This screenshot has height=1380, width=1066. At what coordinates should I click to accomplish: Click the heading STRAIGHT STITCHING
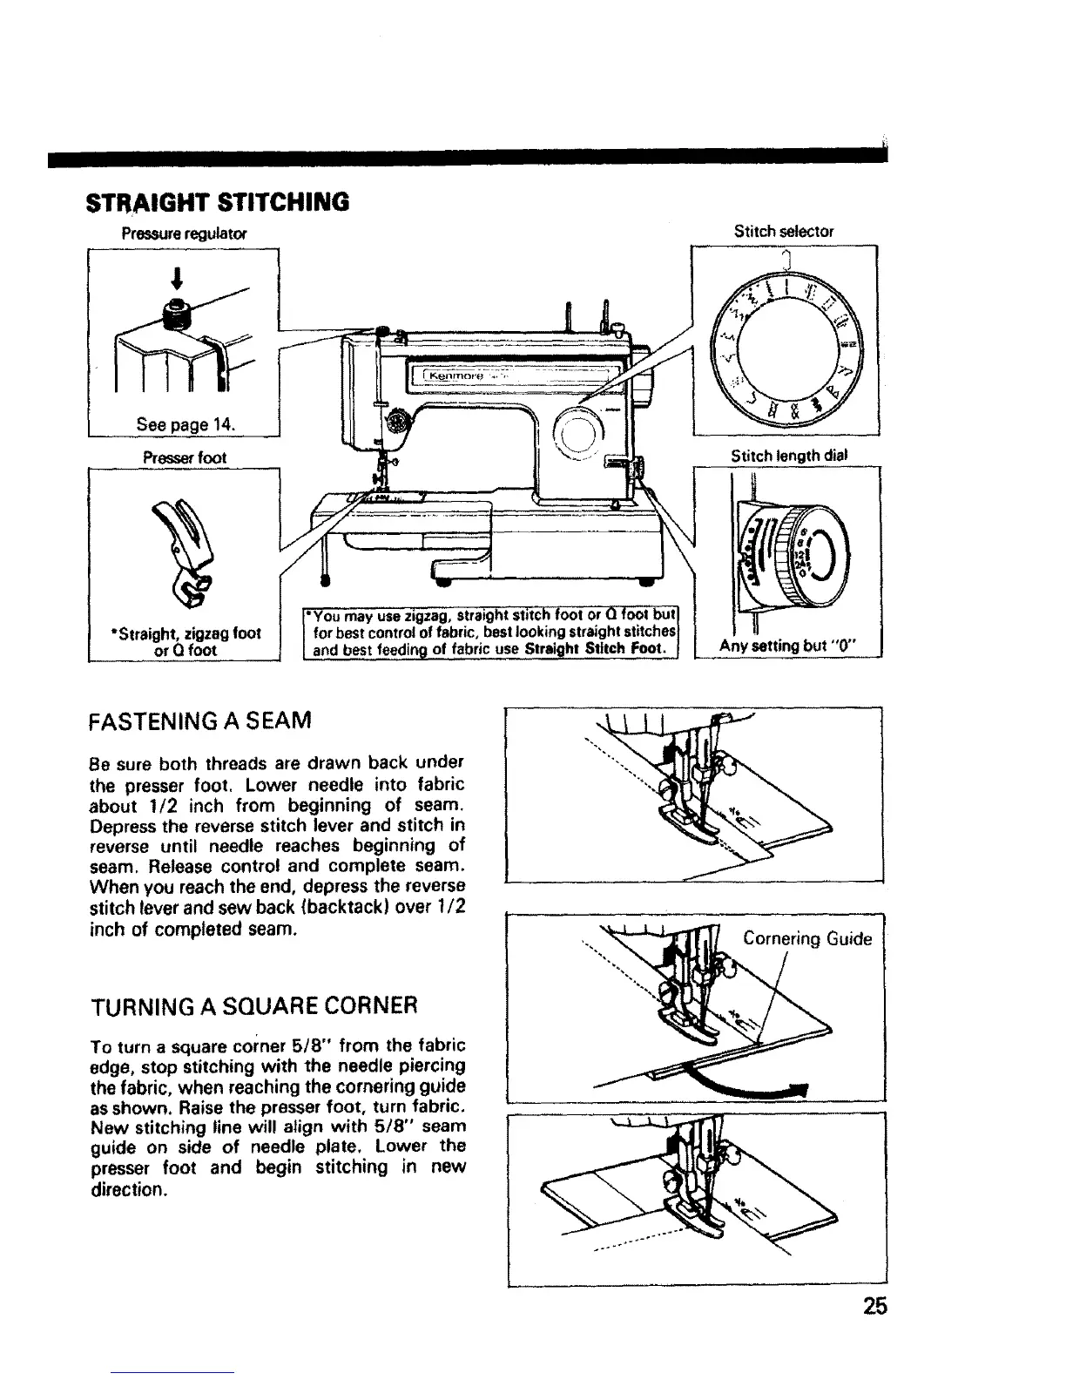(x=216, y=201)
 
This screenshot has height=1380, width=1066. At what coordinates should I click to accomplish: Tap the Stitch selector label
(x=784, y=232)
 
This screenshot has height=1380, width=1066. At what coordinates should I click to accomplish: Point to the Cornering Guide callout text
(x=806, y=938)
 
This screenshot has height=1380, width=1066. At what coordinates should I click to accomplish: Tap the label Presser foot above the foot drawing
(x=186, y=457)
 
